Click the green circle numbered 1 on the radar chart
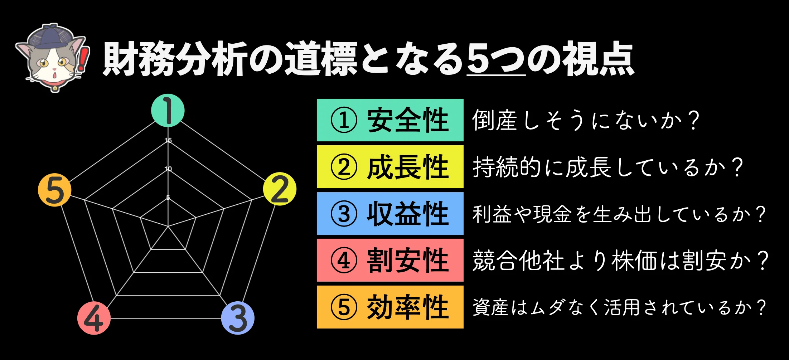coord(168,111)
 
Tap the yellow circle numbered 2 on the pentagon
coord(280,189)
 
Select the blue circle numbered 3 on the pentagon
coord(238,318)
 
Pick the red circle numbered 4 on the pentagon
coord(94,318)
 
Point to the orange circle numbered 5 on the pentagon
coord(55,190)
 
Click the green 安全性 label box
coord(390,120)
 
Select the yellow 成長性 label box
coord(390,167)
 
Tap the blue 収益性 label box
coord(390,214)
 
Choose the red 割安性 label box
coord(390,260)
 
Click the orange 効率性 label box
coord(390,307)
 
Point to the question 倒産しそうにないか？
coord(586,120)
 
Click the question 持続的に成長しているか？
coord(608,167)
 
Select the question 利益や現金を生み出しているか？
coord(619,214)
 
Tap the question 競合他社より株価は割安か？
coord(620,261)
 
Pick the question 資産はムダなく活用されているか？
coord(619,307)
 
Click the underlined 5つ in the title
coord(496,59)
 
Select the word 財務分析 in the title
coord(175,59)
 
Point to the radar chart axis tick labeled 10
coord(168,169)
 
